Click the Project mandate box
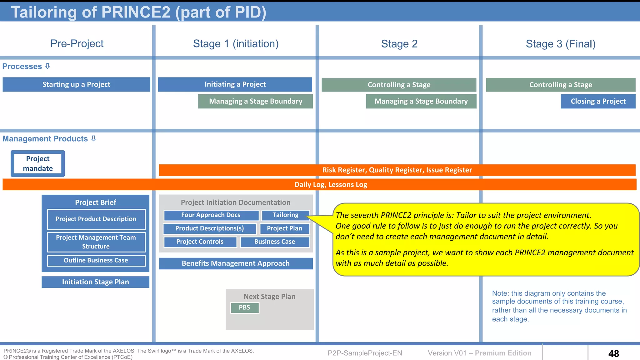coord(38,164)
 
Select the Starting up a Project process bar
coord(76,84)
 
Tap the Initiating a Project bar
coord(235,84)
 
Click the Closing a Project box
coord(598,101)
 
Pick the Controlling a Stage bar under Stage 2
coord(399,85)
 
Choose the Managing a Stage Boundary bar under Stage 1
coord(255,101)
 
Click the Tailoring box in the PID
coord(285,215)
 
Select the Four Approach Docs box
coord(211,215)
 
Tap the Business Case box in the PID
coord(275,242)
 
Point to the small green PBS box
coord(244,307)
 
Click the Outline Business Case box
coord(96,260)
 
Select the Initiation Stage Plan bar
coord(95,282)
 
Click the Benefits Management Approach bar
coord(236,263)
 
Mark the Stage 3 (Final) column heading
coord(561,44)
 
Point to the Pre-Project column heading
coord(77,43)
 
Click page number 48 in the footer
coord(613,353)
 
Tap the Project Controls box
coord(200,242)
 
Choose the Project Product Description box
coord(96,219)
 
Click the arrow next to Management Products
coord(93,138)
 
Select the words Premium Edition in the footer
coord(503,353)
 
